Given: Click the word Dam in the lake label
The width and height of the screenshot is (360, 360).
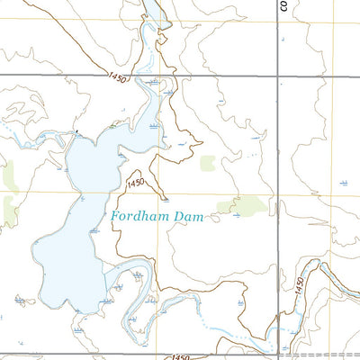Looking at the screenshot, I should pyautogui.click(x=193, y=217).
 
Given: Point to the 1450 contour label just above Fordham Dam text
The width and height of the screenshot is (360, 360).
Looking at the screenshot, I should pyautogui.click(x=136, y=184).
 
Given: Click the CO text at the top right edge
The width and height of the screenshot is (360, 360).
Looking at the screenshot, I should pyautogui.click(x=282, y=6).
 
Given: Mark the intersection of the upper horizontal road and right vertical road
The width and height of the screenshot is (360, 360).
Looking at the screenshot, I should pyautogui.click(x=277, y=76).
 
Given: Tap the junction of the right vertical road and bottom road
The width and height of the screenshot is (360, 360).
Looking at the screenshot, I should pyautogui.click(x=277, y=355).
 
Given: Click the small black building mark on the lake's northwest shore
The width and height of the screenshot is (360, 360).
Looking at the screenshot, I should pyautogui.click(x=78, y=133).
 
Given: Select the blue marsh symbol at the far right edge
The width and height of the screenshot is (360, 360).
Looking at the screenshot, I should pyautogui.click(x=344, y=183).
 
